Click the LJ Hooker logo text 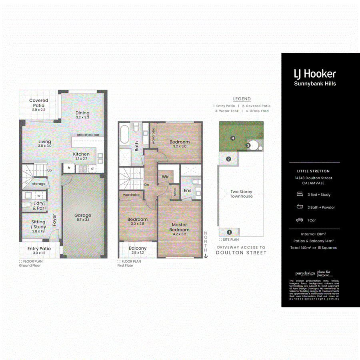click(315, 74)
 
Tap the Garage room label click(83, 215)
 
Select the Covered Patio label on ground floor click(39, 103)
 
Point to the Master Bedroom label click(179, 227)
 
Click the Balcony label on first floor click(137, 248)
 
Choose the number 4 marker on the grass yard click(232, 138)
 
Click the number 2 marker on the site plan click(228, 159)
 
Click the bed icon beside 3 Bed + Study click(299, 194)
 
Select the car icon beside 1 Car click(299, 220)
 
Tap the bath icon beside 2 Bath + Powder click(299, 207)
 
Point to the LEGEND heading click(242, 99)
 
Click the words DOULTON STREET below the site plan click(242, 253)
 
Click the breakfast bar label click(88, 135)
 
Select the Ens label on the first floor click(188, 190)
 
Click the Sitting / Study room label click(38, 224)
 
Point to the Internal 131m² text click(314, 234)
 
